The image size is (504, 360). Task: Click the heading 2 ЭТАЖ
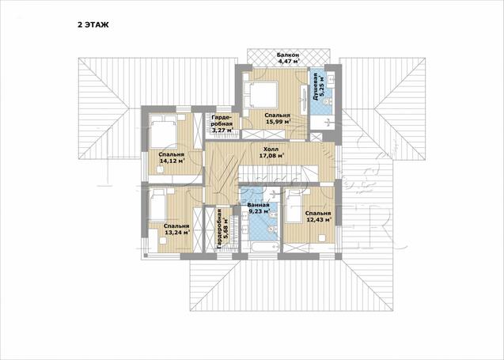coord(93,25)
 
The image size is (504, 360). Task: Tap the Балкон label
coord(288,55)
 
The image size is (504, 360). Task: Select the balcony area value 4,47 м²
coord(288,61)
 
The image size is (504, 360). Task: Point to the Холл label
coord(271,150)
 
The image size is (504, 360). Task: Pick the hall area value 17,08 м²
coord(272,156)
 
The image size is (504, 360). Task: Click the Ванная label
coord(258,205)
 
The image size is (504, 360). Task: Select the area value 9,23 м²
coord(259,211)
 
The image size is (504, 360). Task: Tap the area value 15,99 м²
coord(279,122)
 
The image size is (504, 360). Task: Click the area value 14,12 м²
coord(172,161)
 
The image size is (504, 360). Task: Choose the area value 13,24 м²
coord(177,233)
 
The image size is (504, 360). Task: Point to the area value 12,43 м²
coord(319,220)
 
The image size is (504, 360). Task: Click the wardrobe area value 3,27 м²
coord(222,131)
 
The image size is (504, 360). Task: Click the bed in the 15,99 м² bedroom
coord(260,94)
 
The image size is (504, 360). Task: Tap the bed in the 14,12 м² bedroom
coord(164,132)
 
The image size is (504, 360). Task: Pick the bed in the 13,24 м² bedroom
coord(157,205)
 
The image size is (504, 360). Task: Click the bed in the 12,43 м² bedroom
coord(294,206)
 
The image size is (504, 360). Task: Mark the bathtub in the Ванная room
coord(264,248)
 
